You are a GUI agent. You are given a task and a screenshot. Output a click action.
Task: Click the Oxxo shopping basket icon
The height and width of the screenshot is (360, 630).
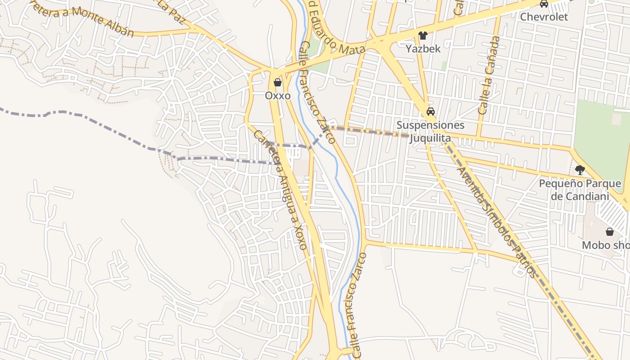click(x=278, y=82)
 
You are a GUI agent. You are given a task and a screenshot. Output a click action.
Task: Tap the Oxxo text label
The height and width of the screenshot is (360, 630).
click(x=278, y=96)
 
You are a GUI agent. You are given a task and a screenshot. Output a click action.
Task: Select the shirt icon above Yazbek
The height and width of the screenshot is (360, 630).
click(x=423, y=36)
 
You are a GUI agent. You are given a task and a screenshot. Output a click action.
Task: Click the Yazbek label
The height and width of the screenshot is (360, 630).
click(x=423, y=49)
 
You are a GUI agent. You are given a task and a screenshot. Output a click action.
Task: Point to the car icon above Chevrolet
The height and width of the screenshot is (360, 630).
click(x=544, y=4)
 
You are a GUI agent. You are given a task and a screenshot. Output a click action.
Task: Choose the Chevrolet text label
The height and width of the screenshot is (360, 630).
click(x=544, y=17)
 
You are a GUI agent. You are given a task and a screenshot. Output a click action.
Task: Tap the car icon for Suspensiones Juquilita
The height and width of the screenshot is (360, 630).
click(x=431, y=112)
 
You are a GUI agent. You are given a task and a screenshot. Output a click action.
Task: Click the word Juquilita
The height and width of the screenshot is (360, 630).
click(x=430, y=138)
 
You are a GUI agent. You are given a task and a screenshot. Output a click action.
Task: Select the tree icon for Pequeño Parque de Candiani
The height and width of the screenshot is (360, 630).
click(x=580, y=170)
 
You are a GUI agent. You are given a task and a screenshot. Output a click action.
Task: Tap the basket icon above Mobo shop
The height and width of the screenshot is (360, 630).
click(x=610, y=232)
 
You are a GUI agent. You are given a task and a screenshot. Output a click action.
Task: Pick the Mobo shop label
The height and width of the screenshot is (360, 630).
click(x=606, y=245)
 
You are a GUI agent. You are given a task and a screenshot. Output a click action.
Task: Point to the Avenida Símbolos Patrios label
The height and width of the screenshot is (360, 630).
click(x=496, y=222)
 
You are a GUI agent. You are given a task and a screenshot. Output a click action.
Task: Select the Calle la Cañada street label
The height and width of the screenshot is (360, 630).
click(x=489, y=75)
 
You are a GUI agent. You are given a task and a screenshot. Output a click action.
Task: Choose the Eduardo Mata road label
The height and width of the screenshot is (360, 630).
click(x=336, y=39)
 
